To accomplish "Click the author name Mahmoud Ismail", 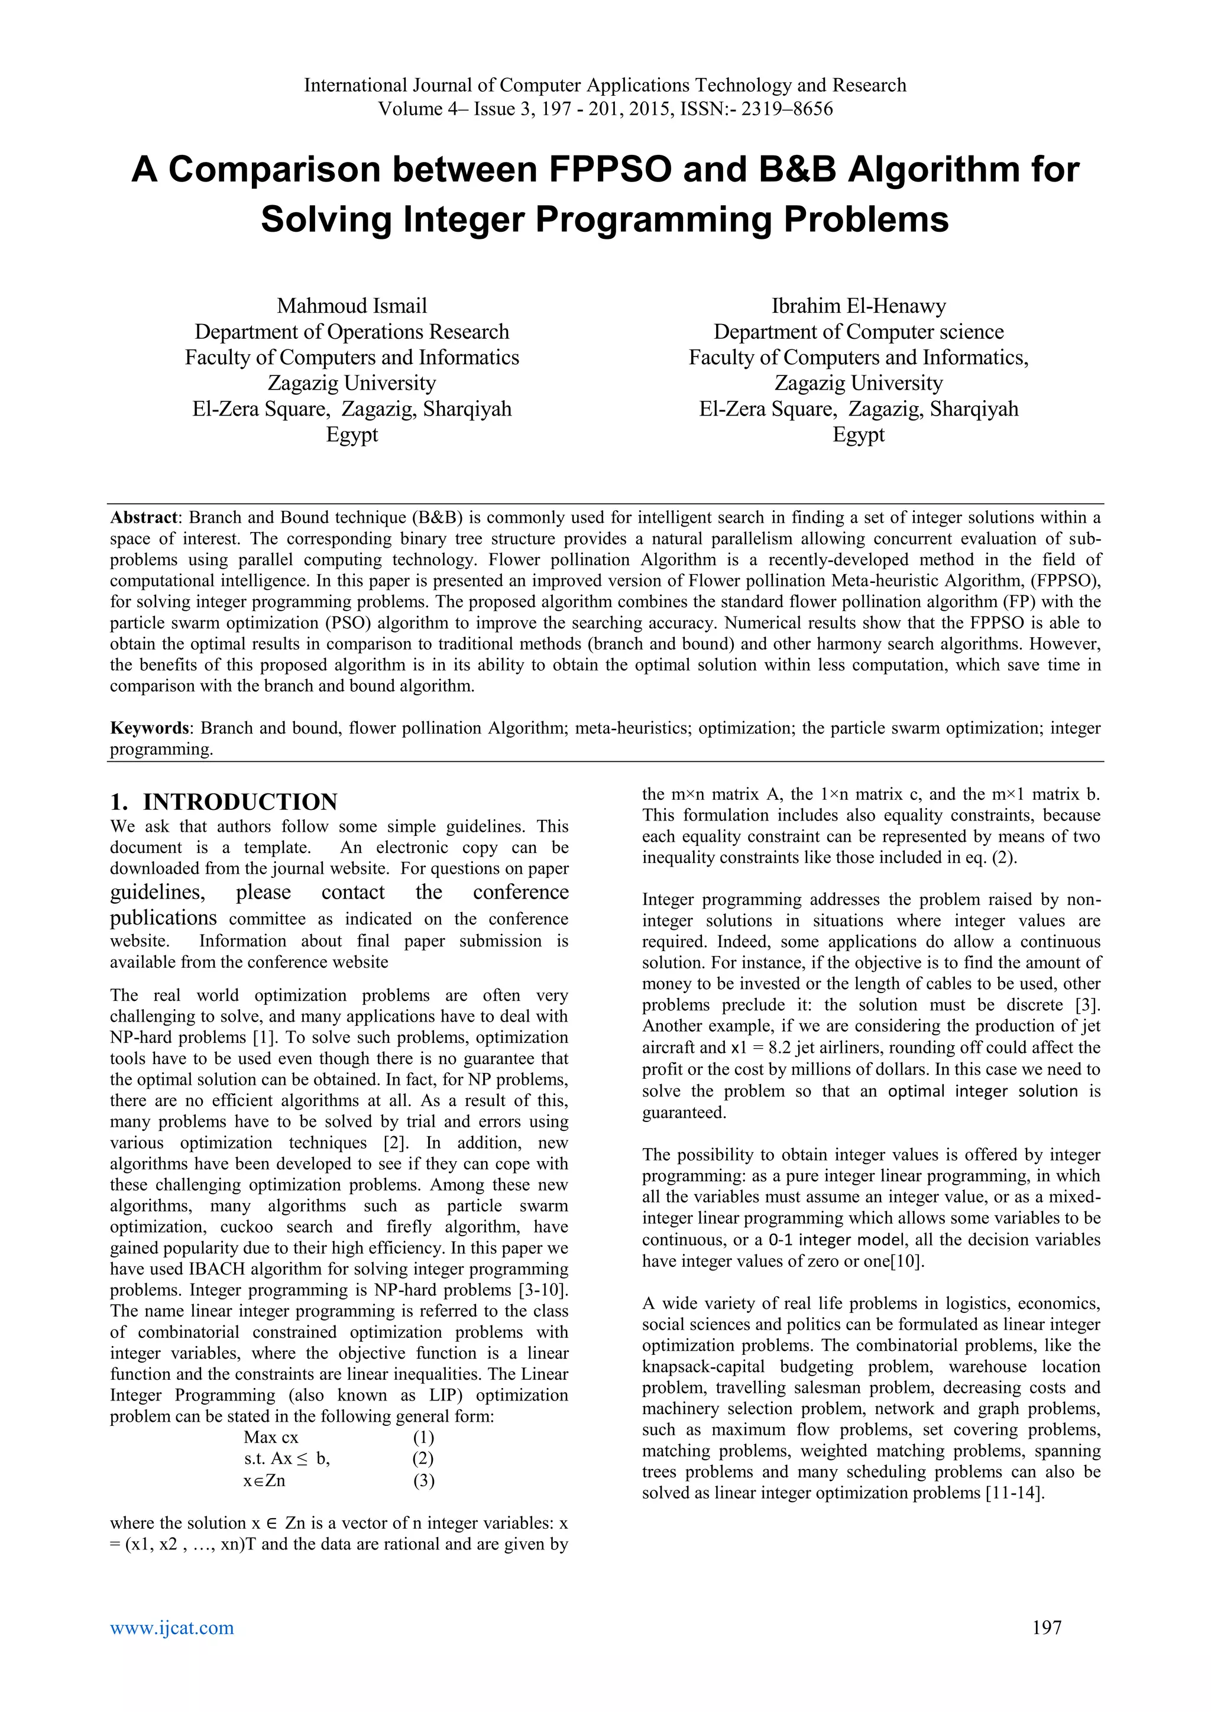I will click(352, 306).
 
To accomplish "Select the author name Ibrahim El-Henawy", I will click(859, 306).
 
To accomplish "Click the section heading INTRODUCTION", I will click(239, 802).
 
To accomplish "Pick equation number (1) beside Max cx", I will click(423, 1438).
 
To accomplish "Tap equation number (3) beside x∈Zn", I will click(423, 1480).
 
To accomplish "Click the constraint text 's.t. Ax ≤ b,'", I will click(287, 1458).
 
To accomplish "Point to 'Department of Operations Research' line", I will click(352, 332).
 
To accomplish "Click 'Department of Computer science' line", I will click(859, 332).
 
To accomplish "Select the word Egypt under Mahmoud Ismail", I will click(352, 435).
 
